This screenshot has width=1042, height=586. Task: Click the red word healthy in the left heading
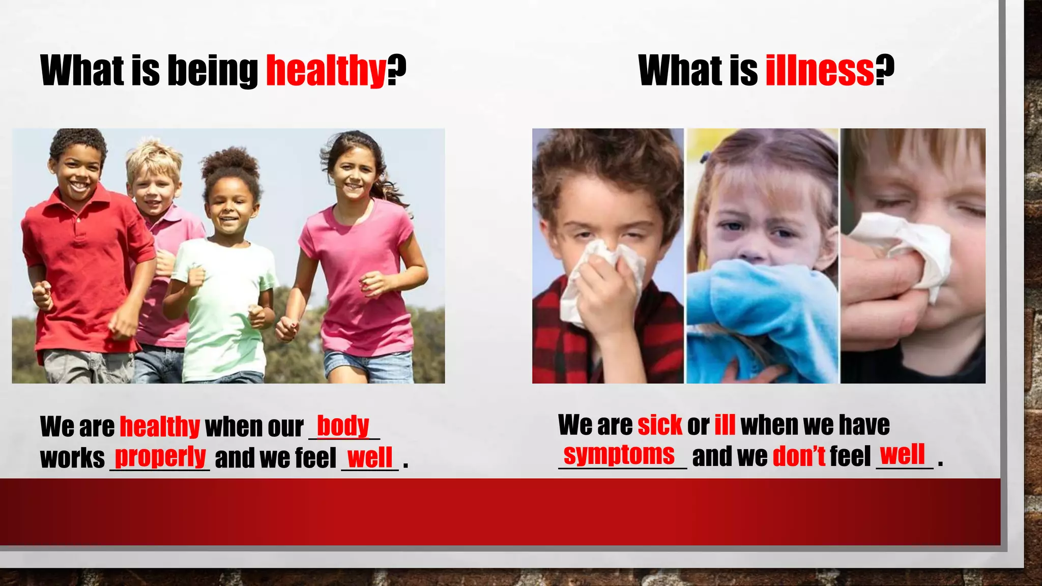click(x=326, y=71)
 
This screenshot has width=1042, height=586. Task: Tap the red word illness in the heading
click(x=820, y=71)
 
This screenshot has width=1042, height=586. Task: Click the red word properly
click(x=160, y=457)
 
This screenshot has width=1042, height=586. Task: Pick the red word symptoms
click(x=619, y=454)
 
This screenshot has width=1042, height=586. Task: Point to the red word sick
click(x=659, y=425)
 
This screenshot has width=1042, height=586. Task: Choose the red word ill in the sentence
click(x=725, y=425)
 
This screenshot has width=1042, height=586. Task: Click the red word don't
click(x=799, y=456)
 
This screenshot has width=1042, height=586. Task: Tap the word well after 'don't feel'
click(x=902, y=454)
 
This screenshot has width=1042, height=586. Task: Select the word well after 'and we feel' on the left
click(x=370, y=457)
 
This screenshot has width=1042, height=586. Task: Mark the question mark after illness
click(x=885, y=71)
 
